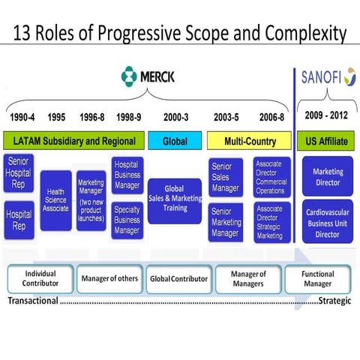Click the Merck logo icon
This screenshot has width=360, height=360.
click(x=130, y=76)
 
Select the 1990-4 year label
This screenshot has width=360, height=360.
click(x=24, y=118)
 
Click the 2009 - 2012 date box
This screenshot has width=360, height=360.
click(x=327, y=115)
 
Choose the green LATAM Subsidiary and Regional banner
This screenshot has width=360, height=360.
click(x=73, y=141)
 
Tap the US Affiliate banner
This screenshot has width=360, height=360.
click(x=327, y=140)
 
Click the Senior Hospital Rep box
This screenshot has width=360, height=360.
click(x=19, y=174)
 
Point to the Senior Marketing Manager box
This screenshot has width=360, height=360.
click(x=226, y=222)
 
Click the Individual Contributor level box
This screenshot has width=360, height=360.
click(x=40, y=279)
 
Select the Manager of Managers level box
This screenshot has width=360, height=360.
click(x=247, y=279)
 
